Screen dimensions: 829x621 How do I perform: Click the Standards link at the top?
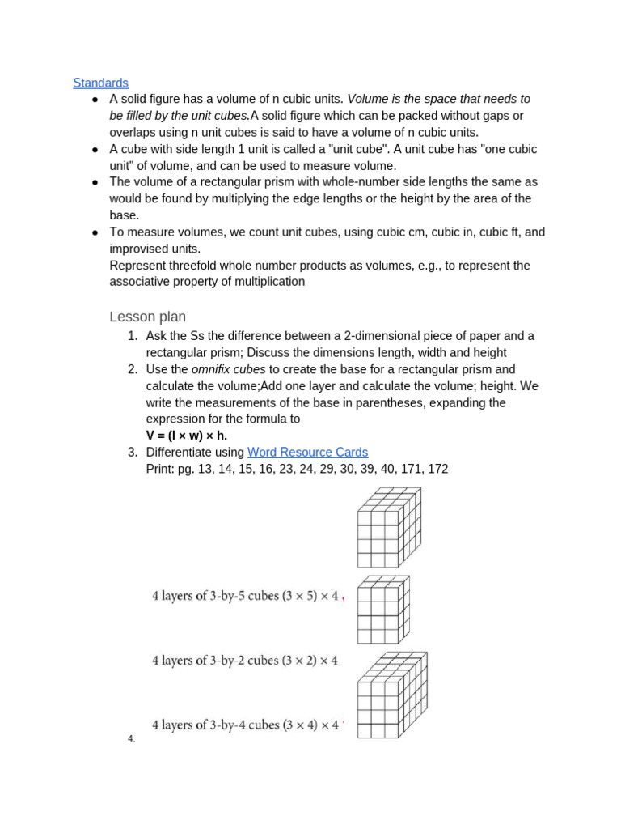click(100, 83)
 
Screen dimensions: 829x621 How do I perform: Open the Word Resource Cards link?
click(307, 453)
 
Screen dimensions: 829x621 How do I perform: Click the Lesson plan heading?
click(147, 317)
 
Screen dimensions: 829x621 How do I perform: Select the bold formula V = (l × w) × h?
click(186, 436)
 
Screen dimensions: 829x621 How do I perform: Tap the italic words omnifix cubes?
click(228, 369)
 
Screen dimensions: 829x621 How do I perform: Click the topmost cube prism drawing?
click(389, 527)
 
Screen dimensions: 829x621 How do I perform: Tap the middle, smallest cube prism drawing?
click(382, 610)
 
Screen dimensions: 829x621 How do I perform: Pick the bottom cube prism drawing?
click(391, 695)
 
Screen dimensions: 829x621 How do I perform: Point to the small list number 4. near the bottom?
click(131, 739)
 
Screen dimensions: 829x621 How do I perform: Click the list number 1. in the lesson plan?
click(133, 336)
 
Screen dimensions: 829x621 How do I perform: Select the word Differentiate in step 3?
click(184, 453)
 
